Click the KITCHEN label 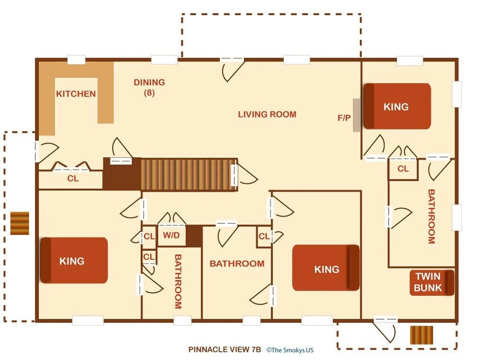pyautogui.click(x=76, y=94)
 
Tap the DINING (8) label pyautogui.click(x=149, y=87)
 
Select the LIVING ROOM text pyautogui.click(x=267, y=114)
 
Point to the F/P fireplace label pyautogui.click(x=344, y=117)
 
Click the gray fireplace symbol pyautogui.click(x=356, y=115)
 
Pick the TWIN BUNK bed pyautogui.click(x=432, y=282)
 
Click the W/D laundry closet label pyautogui.click(x=171, y=235)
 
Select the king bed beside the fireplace pyautogui.click(x=397, y=106)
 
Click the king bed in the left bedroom pyautogui.click(x=74, y=260)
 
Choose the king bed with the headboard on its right pyautogui.click(x=326, y=268)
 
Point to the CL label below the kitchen pyautogui.click(x=73, y=178)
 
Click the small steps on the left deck pyautogui.click(x=20, y=223)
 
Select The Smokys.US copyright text pyautogui.click(x=290, y=350)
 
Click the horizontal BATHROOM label pyautogui.click(x=237, y=264)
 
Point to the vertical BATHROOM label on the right pyautogui.click(x=432, y=216)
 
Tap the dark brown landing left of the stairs pyautogui.click(x=122, y=174)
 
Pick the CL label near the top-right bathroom pyautogui.click(x=403, y=169)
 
